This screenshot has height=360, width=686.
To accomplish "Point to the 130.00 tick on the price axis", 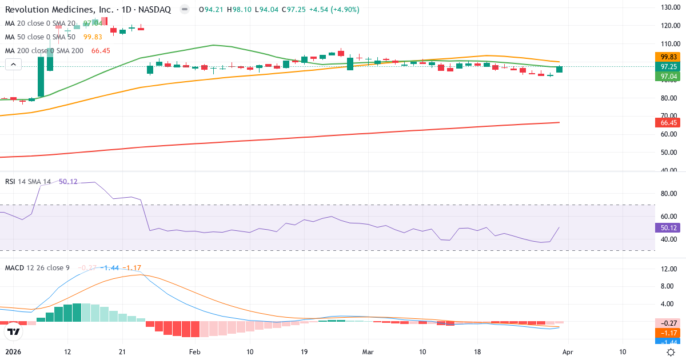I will [669, 7].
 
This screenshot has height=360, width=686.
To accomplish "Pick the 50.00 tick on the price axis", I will [669, 153].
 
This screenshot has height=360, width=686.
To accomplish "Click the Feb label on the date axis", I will [195, 352].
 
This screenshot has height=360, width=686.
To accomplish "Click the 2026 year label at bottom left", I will [13, 352].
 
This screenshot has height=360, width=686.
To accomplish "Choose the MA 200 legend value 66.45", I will [100, 51].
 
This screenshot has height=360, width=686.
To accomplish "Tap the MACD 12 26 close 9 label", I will [38, 267].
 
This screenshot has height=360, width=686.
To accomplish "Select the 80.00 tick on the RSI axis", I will [669, 194].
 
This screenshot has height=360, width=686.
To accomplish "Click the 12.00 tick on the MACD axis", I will [669, 269].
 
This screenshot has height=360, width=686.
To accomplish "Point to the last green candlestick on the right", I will [559, 69].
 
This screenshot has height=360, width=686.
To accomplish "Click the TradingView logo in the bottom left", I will [14, 331].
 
